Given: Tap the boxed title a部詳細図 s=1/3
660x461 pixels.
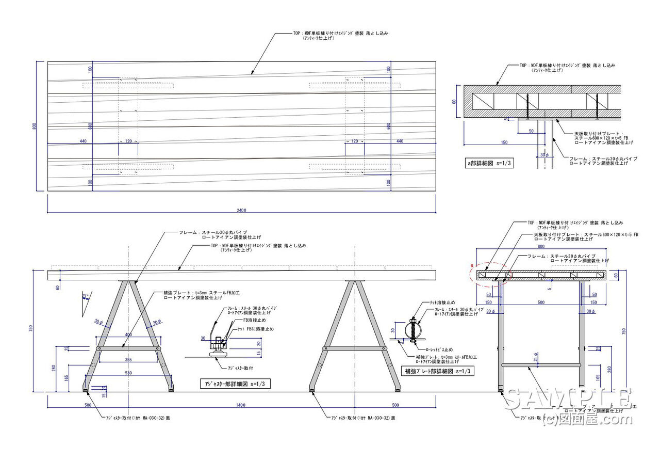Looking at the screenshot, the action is tap(490, 163).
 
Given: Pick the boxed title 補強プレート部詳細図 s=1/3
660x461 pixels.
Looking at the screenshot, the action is tap(437, 371).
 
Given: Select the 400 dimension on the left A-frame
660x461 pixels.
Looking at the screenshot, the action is tap(128, 335).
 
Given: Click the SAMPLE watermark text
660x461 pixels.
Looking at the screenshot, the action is tap(567, 399).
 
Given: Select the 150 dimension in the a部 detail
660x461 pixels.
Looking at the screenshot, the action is tap(504, 143).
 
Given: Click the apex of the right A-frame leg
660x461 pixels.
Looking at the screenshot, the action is tap(355, 282).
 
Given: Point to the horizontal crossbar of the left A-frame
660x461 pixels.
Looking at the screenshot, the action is tap(128, 348).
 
